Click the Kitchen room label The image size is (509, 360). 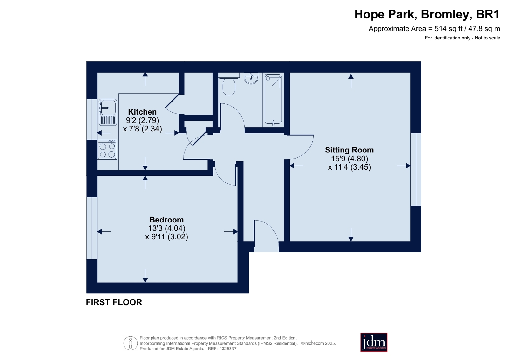coord(142,112)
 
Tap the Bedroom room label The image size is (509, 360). coord(166,220)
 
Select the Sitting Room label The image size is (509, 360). coord(349,150)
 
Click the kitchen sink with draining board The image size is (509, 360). coord(108,112)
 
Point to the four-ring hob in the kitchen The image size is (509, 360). coord(107,150)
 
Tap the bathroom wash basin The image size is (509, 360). coord(251,78)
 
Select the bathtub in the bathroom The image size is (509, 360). coord(273,100)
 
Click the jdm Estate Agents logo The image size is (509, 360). coord(374,342)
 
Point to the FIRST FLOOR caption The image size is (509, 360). coord(114,302)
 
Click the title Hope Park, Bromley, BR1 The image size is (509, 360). coord(427,14)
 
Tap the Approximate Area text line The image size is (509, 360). coord(434,29)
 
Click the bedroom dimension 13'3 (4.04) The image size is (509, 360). coord(166,228)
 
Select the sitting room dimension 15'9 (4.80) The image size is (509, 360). coord(350,159)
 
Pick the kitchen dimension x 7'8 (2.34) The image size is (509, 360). coord(143,129)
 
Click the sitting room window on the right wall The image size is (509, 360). coord(416,169)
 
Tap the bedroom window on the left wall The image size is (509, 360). coord(92,228)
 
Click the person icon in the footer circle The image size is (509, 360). coord(131,343)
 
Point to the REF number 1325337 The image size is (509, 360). coord(228,349)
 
